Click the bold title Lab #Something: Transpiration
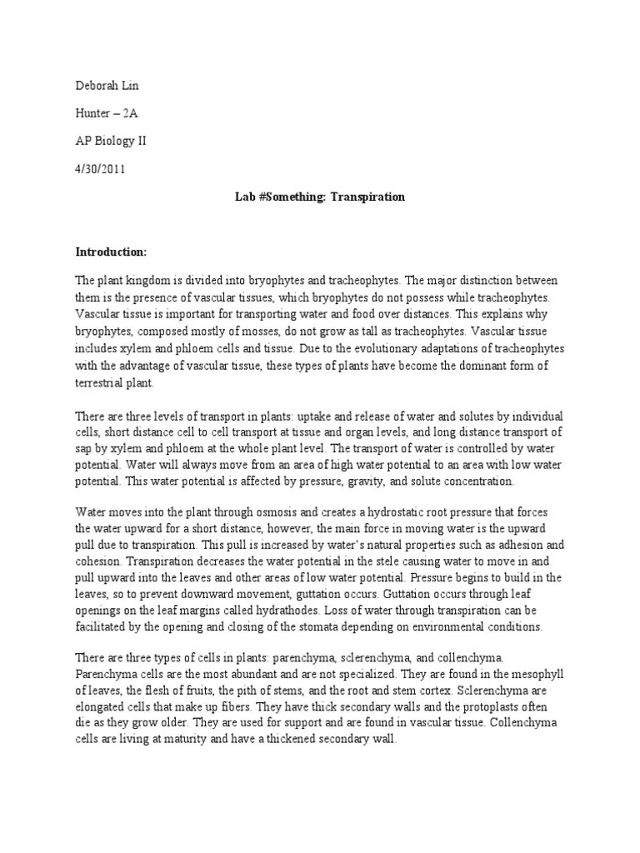coord(320,197)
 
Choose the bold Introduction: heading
coord(111,251)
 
